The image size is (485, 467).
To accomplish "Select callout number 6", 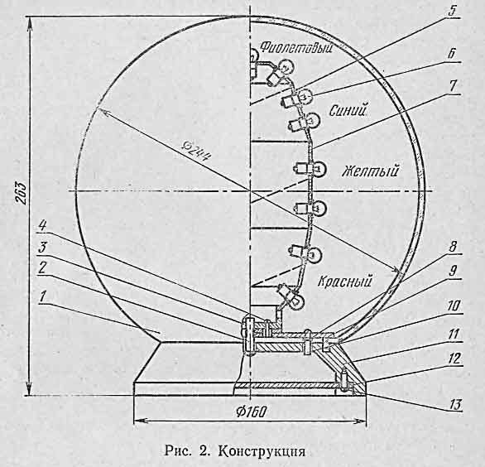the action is click(x=452, y=53).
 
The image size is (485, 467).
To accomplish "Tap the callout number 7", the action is click(x=453, y=85).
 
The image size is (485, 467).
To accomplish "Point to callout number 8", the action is click(x=453, y=247).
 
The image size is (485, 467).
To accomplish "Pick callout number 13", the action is click(x=455, y=404).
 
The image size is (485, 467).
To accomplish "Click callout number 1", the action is click(x=43, y=296).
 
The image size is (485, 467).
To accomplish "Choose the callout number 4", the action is click(x=42, y=225).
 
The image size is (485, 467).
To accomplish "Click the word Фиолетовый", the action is click(x=296, y=48).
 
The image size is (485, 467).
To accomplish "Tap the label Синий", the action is click(x=348, y=110).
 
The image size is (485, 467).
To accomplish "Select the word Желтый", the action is click(x=370, y=171).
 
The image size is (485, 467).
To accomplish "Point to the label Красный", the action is click(x=344, y=281).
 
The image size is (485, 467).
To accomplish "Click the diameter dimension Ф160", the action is click(x=251, y=412).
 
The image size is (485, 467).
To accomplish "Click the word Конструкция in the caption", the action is click(x=262, y=450).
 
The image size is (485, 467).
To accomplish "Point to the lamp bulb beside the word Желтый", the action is click(x=320, y=169).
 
